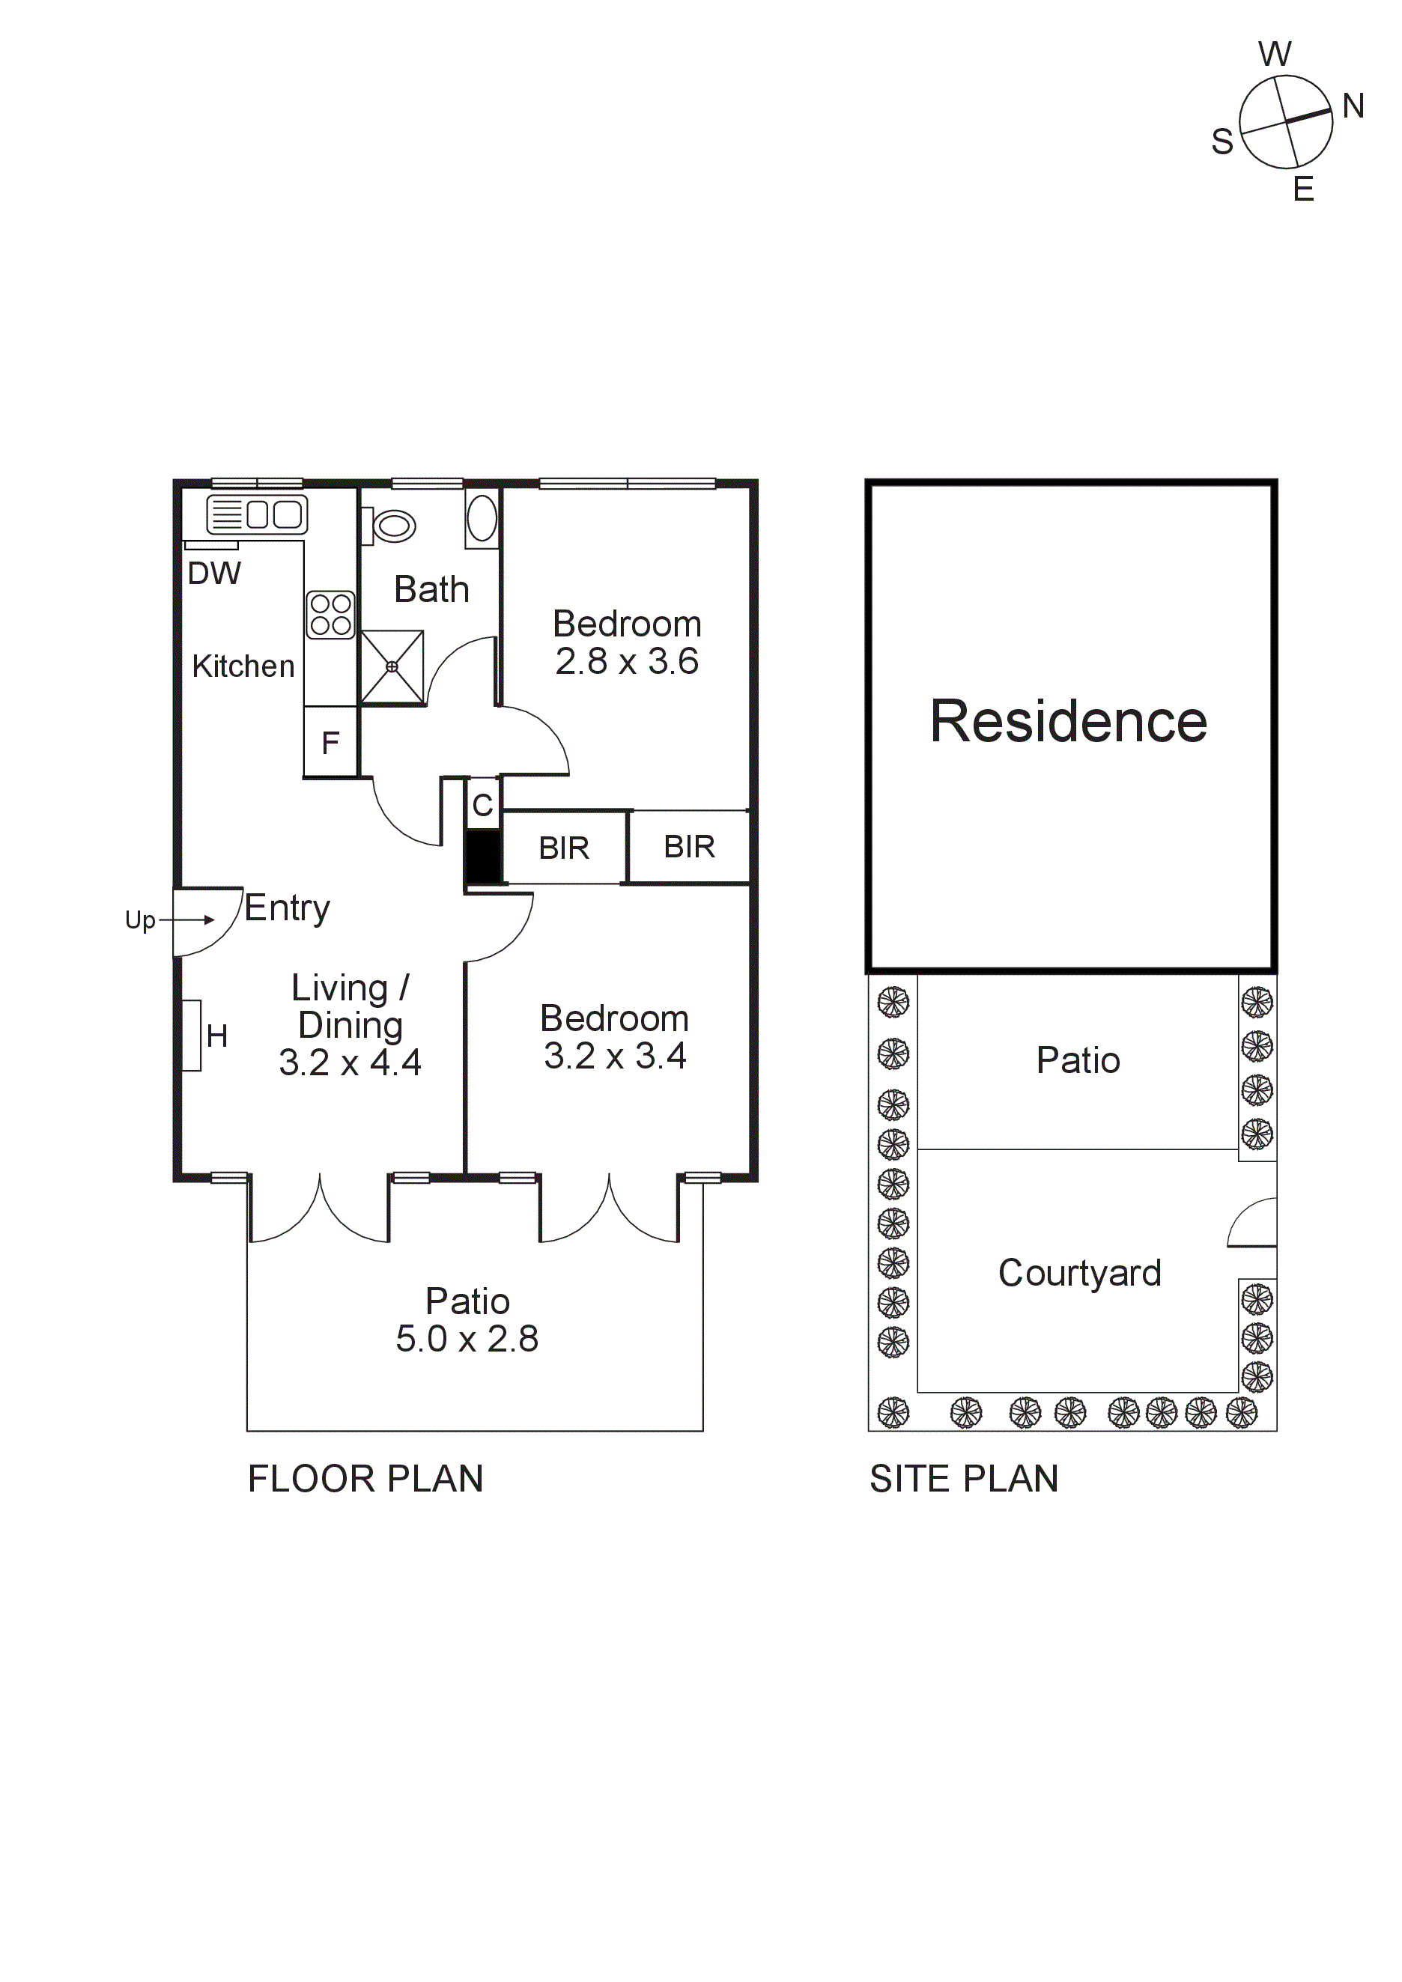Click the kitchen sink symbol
click(258, 515)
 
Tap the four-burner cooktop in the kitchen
click(330, 615)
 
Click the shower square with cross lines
click(392, 666)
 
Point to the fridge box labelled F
click(330, 742)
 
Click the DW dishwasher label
click(214, 574)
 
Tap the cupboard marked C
click(482, 804)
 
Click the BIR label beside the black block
click(564, 848)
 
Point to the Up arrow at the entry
click(186, 919)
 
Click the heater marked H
click(192, 1035)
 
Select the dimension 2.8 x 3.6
click(627, 661)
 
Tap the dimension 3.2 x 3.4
click(615, 1056)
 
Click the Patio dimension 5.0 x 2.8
click(467, 1339)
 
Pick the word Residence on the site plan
click(1069, 721)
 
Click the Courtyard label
click(1079, 1273)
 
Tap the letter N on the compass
click(1353, 106)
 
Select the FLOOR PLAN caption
click(365, 1479)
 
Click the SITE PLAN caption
click(963, 1479)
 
